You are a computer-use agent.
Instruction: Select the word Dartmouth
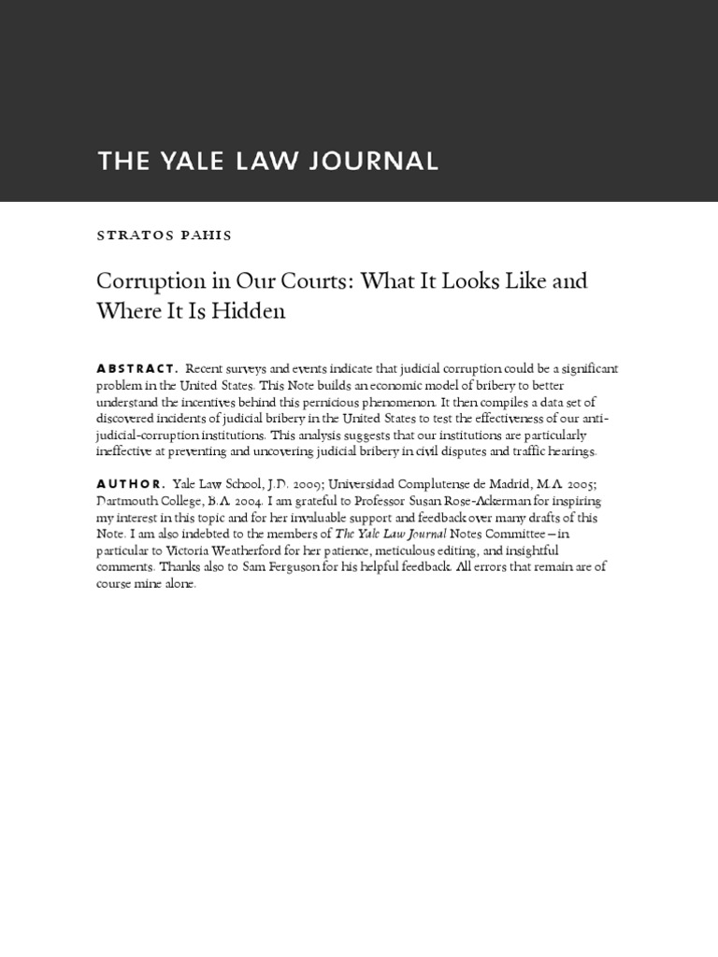point(128,501)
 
